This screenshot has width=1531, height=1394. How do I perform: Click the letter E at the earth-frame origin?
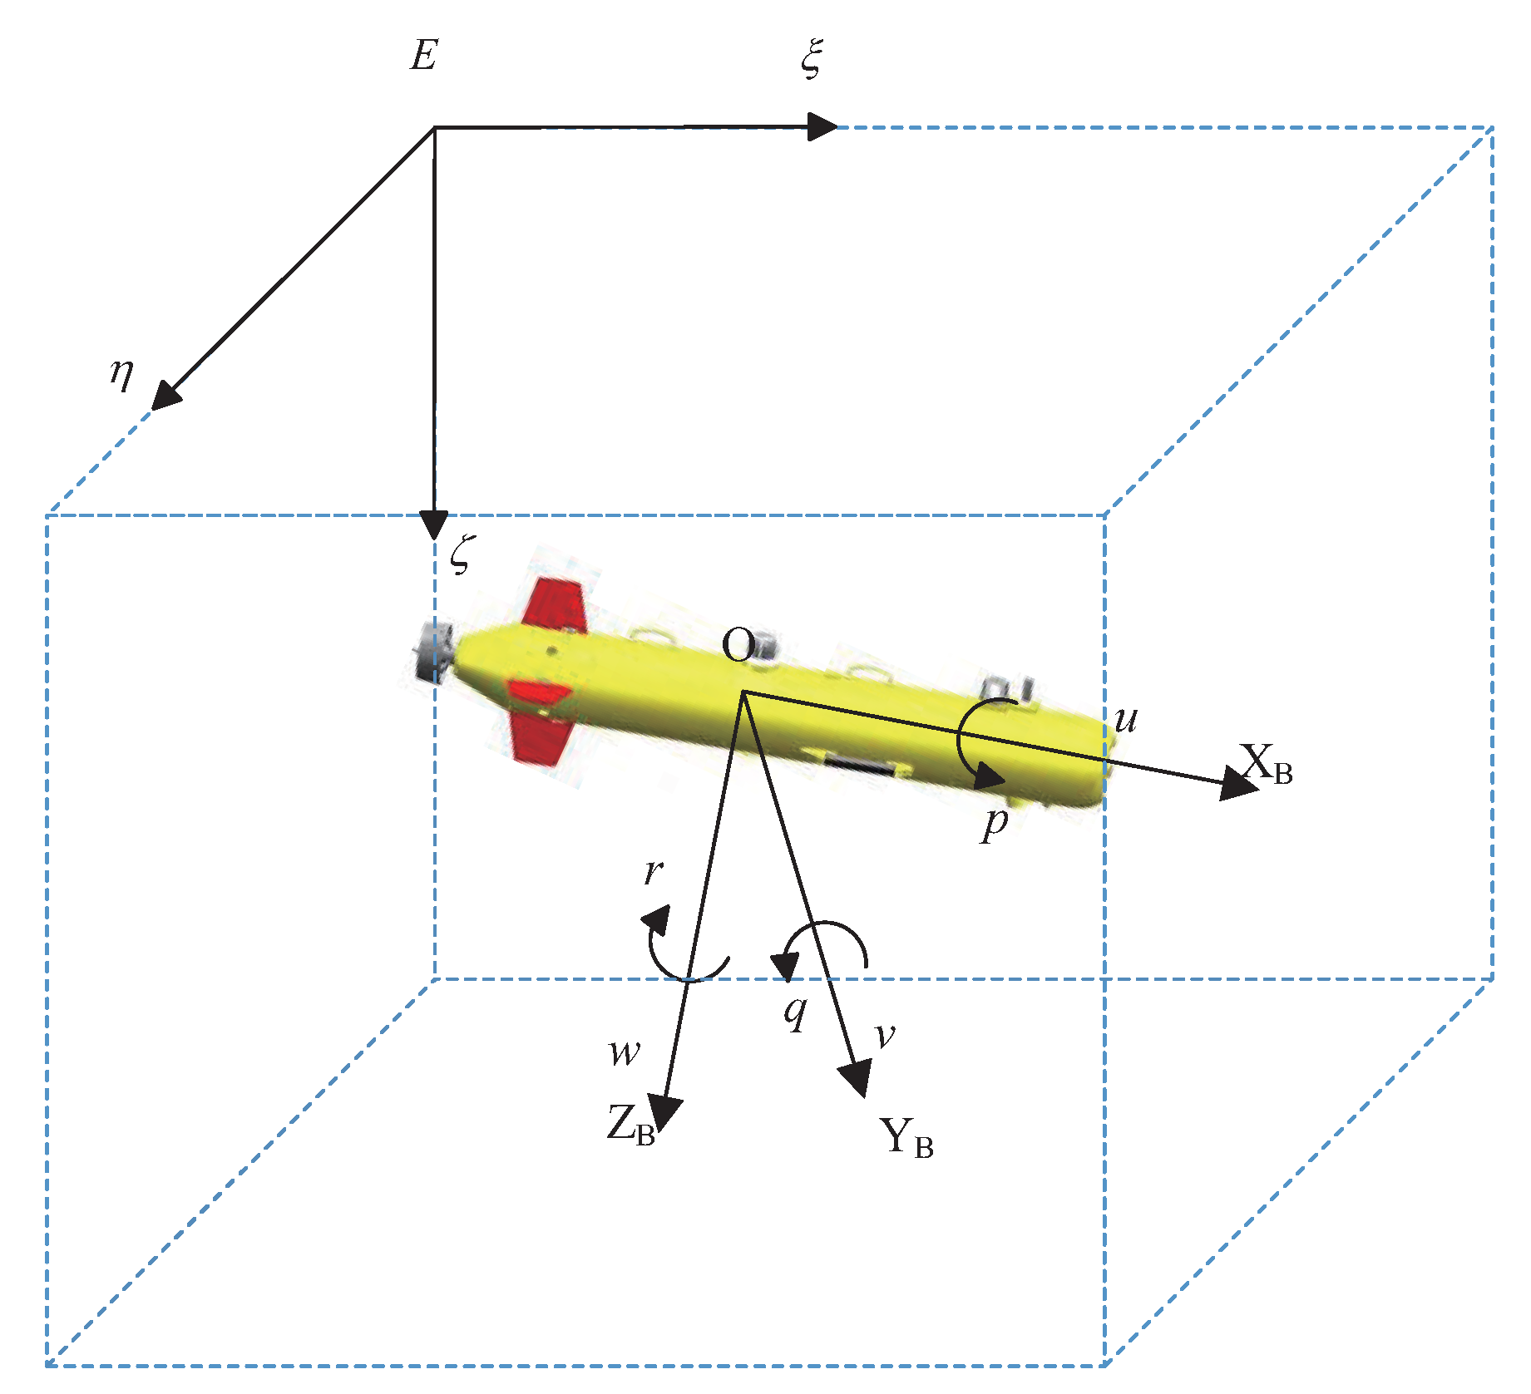pyautogui.click(x=423, y=57)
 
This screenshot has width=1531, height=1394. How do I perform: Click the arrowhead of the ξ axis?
pyautogui.click(x=822, y=127)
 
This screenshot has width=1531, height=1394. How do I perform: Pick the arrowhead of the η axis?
pyautogui.click(x=165, y=396)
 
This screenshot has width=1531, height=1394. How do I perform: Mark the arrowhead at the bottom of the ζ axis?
pyautogui.click(x=433, y=525)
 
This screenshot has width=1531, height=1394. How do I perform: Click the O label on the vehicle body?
pyautogui.click(x=738, y=645)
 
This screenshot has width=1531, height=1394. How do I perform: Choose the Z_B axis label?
pyautogui.click(x=630, y=1126)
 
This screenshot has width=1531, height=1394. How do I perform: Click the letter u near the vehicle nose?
pyautogui.click(x=1126, y=719)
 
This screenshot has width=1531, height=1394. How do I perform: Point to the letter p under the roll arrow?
pyautogui.click(x=995, y=824)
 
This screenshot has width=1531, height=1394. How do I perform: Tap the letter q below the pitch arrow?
pyautogui.click(x=796, y=1012)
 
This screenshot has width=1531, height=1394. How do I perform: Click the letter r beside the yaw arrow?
pyautogui.click(x=654, y=870)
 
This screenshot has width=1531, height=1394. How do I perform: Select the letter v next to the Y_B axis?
pyautogui.click(x=885, y=1036)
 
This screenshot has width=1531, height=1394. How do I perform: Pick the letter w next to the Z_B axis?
pyautogui.click(x=624, y=1053)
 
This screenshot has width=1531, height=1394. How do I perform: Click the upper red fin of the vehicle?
pyautogui.click(x=555, y=605)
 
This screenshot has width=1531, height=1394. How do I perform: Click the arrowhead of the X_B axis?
pyautogui.click(x=1239, y=784)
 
